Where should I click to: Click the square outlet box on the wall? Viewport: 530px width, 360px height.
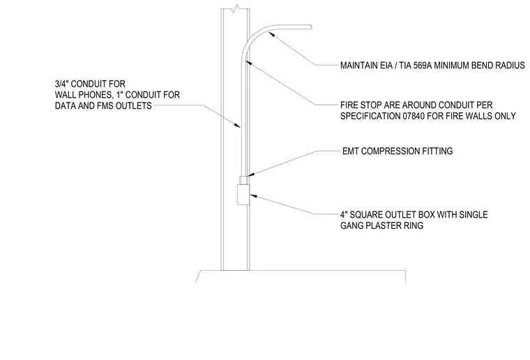click(243, 195)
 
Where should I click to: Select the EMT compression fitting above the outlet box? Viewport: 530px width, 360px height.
click(244, 180)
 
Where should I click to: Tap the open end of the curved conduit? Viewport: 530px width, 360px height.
click(310, 27)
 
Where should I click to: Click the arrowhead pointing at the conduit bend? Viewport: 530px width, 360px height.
click(271, 33)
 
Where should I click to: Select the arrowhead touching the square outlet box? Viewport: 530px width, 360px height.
click(253, 196)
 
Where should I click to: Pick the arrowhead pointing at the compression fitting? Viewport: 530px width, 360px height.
click(250, 174)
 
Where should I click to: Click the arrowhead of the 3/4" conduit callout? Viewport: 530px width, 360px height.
click(238, 126)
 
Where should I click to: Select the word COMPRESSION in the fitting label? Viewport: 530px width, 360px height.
click(388, 151)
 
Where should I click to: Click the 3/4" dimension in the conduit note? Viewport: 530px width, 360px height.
click(62, 84)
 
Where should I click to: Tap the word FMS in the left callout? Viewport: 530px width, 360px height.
click(105, 106)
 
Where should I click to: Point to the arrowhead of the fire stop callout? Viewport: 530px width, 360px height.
click(248, 63)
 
